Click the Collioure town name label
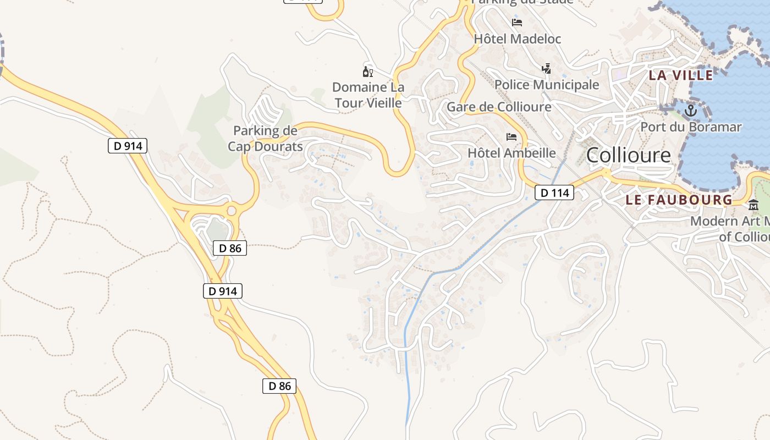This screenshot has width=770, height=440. click(x=628, y=155)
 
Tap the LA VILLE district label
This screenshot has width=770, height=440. click(x=681, y=75)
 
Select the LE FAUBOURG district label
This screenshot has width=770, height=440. click(x=679, y=200)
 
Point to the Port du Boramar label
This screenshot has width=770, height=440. click(x=691, y=127)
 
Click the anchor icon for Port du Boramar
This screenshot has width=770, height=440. click(x=690, y=111)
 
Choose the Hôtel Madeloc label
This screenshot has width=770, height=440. click(x=517, y=39)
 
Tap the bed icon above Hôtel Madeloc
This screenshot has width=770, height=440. click(x=517, y=23)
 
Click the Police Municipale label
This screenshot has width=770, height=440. click(x=546, y=85)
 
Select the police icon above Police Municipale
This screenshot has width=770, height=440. click(x=546, y=69)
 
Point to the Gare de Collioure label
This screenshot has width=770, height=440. click(x=499, y=107)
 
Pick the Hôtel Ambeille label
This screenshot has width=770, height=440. click(x=512, y=152)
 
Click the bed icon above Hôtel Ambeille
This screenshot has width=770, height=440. click(x=512, y=136)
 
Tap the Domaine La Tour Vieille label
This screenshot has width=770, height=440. click(x=368, y=95)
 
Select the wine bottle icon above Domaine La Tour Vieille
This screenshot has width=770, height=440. click(x=368, y=71)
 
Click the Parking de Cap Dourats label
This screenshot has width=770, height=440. click(x=265, y=139)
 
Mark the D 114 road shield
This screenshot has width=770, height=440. click(x=554, y=193)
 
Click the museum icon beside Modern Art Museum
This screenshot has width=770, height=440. click(x=753, y=205)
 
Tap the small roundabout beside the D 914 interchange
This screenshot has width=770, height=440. click(x=232, y=211)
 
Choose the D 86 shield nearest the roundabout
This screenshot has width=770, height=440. click(x=230, y=248)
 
